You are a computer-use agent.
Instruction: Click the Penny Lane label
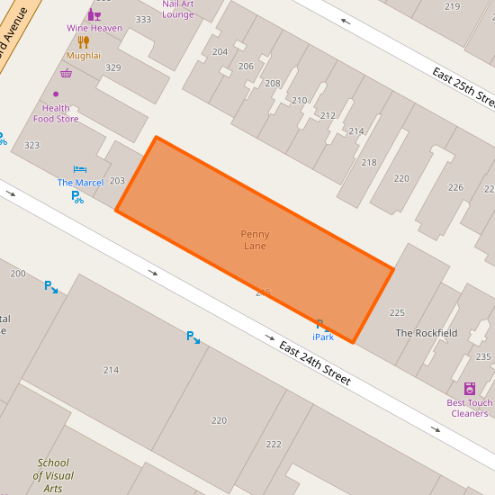[x=255, y=240]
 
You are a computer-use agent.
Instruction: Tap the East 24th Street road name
[x=314, y=364]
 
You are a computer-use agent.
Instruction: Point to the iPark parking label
[x=322, y=337]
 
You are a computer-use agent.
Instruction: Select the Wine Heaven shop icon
[x=94, y=14]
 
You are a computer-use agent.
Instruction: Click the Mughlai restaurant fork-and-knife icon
[x=84, y=41]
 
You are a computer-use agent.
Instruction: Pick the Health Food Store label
[x=56, y=113]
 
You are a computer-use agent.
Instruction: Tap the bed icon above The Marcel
[x=80, y=169]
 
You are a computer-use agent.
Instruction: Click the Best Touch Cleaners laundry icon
[x=469, y=388]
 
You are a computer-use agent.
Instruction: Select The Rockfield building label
[x=427, y=333]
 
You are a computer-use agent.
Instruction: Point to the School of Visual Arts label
[x=53, y=475]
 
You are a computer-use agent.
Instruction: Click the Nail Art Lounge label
[x=177, y=9]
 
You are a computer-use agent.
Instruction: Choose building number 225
[x=397, y=313]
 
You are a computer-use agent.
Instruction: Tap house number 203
[x=117, y=181]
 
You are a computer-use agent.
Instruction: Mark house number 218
[x=369, y=162]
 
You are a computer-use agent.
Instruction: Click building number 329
[x=113, y=67]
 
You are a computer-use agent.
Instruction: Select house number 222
[x=274, y=444]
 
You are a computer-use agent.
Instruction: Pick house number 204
[x=220, y=52]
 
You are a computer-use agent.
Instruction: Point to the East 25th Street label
[x=463, y=85]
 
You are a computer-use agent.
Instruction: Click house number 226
[x=455, y=187]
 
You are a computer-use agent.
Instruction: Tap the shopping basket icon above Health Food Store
[x=66, y=74]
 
